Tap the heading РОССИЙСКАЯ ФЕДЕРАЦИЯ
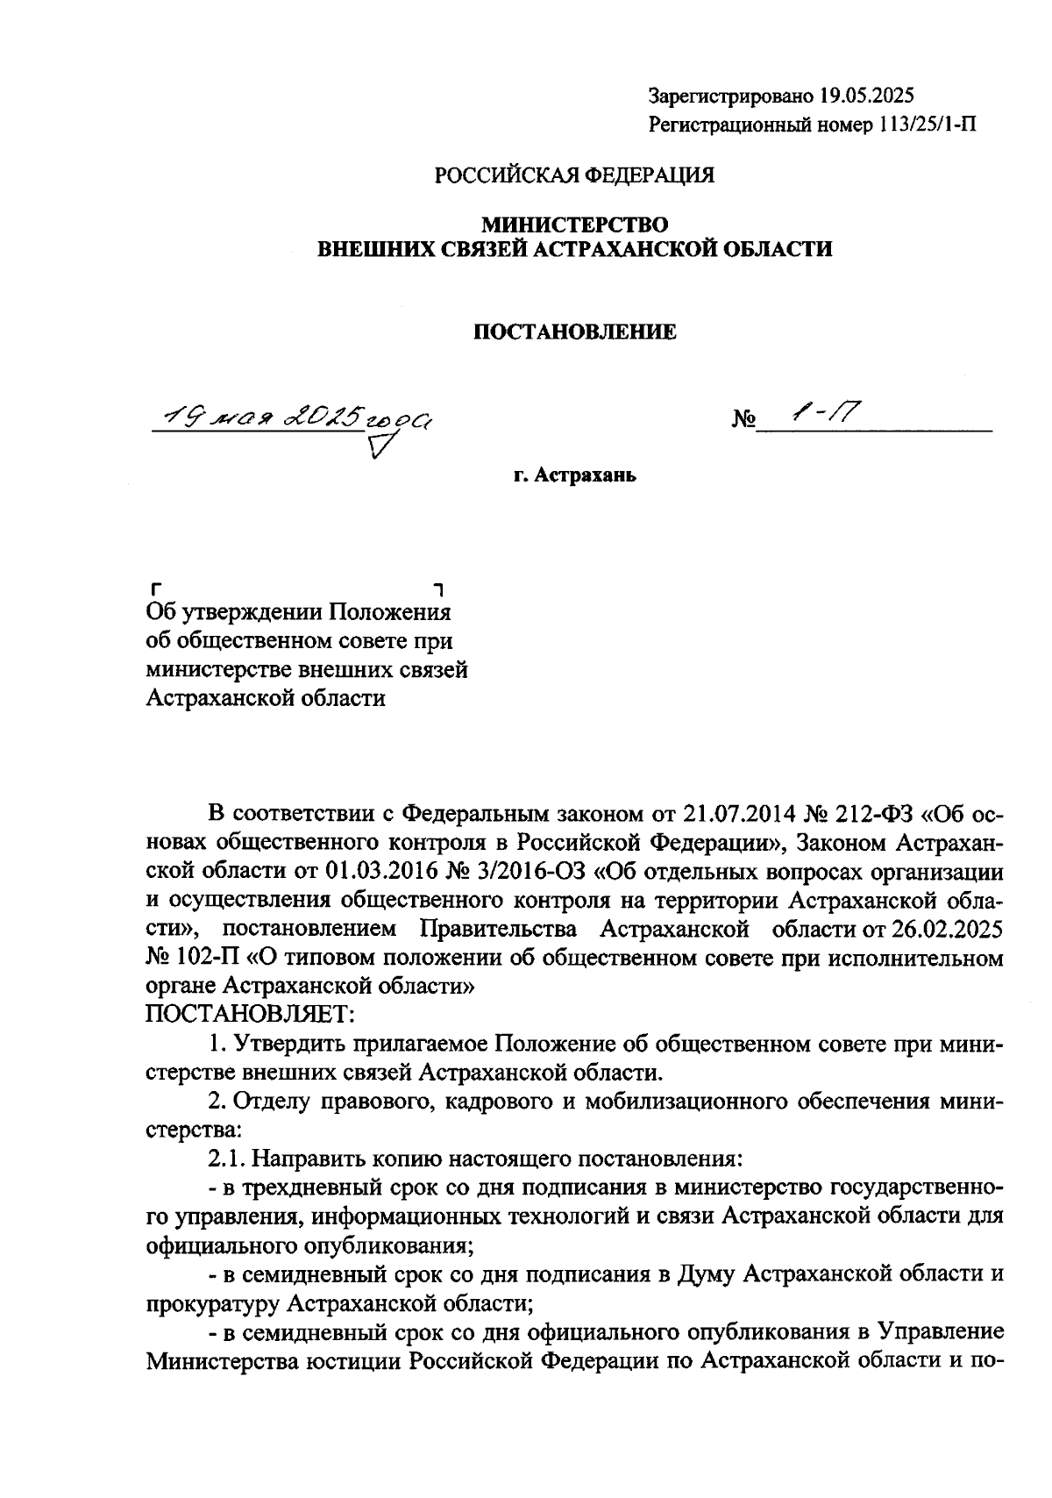point(575,175)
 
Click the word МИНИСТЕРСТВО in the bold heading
point(574,225)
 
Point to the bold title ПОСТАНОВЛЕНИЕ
point(575,332)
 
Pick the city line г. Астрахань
point(574,476)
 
